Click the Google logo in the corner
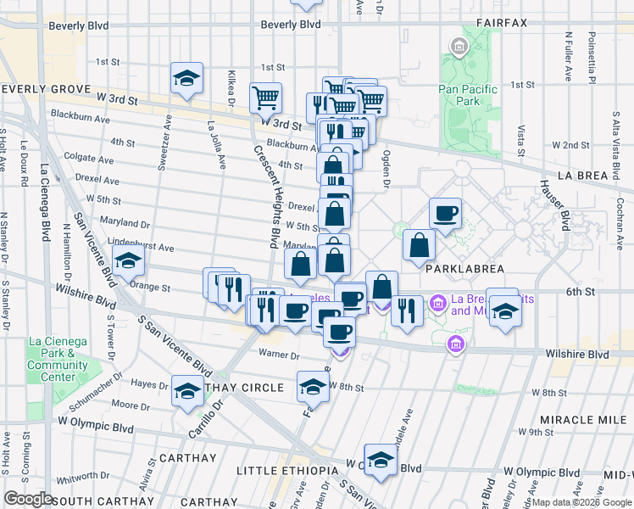28,499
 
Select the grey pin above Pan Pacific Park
459,46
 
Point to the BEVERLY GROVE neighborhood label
46,88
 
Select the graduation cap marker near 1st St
186,79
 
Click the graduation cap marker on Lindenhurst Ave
128,260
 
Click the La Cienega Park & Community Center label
58,354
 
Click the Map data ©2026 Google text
581,502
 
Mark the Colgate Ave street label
86,157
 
